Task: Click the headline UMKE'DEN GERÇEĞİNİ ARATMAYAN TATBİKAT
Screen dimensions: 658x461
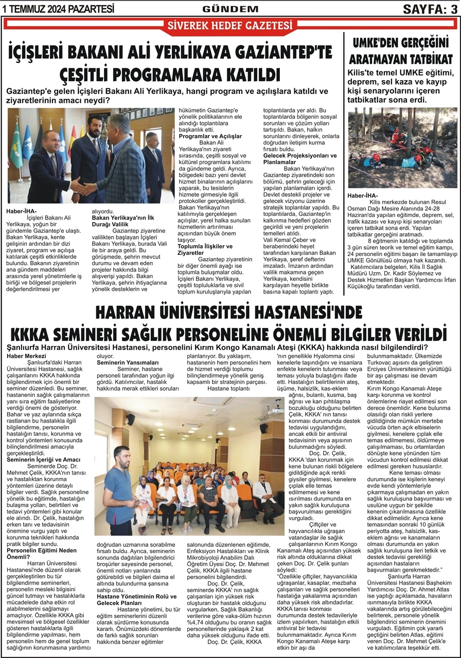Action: coord(402,50)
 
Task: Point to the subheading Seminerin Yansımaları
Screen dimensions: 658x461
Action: coord(121,362)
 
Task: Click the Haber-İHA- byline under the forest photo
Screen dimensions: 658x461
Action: coord(363,195)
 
